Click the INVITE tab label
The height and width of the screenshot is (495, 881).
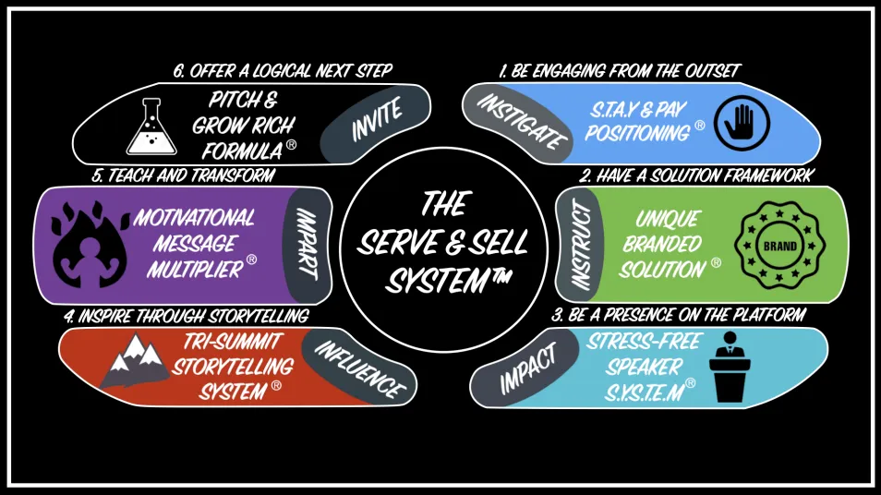[x=376, y=122]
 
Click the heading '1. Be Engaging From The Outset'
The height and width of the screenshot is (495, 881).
[x=620, y=70]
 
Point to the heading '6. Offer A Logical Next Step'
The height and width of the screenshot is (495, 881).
[x=283, y=70]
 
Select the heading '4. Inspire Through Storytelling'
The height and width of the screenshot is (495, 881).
[x=186, y=316]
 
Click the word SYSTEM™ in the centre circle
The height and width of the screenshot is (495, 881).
[x=441, y=280]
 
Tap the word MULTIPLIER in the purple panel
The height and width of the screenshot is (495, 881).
[x=198, y=270]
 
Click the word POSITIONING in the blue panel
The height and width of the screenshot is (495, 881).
[x=636, y=133]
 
